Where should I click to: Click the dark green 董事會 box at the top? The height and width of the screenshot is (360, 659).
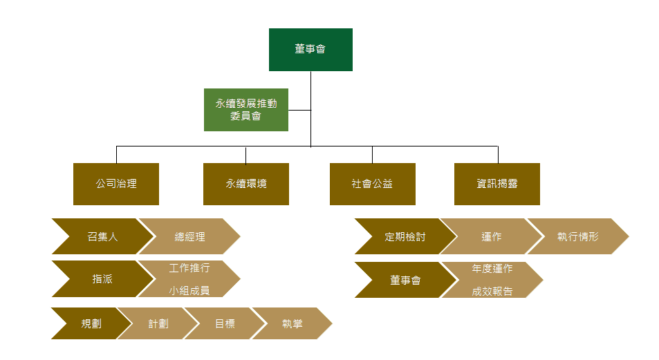pyautogui.click(x=310, y=50)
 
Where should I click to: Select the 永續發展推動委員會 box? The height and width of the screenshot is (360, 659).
pyautogui.click(x=245, y=110)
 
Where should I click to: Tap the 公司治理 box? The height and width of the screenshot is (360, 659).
pyautogui.click(x=116, y=184)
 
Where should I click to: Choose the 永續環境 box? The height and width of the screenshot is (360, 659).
pyautogui.click(x=245, y=184)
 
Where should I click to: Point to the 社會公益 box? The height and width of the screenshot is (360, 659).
pyautogui.click(x=372, y=184)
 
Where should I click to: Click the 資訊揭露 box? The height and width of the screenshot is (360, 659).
pyautogui.click(x=497, y=184)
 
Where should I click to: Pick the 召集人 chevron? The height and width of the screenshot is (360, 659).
pyautogui.click(x=102, y=237)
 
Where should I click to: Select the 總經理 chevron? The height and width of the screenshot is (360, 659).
pyautogui.click(x=189, y=237)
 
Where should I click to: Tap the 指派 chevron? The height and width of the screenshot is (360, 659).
pyautogui.click(x=102, y=279)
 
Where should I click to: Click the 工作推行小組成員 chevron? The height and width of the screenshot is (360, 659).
pyautogui.click(x=189, y=279)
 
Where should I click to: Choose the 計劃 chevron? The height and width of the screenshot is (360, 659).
pyautogui.click(x=158, y=323)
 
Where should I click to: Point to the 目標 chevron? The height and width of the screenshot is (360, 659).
pyautogui.click(x=224, y=323)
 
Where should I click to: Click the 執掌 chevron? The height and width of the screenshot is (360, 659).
pyautogui.click(x=292, y=323)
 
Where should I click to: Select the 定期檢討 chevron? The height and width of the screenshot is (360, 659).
pyautogui.click(x=405, y=237)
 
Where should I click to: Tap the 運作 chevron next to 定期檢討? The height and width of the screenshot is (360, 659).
pyautogui.click(x=491, y=237)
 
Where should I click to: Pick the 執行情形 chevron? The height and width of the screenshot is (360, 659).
pyautogui.click(x=578, y=237)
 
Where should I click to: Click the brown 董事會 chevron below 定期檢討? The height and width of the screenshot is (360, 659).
pyautogui.click(x=405, y=280)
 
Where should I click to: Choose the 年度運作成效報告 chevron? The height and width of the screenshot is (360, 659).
pyautogui.click(x=492, y=280)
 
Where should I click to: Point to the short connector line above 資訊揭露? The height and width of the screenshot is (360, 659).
pyautogui.click(x=498, y=155)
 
